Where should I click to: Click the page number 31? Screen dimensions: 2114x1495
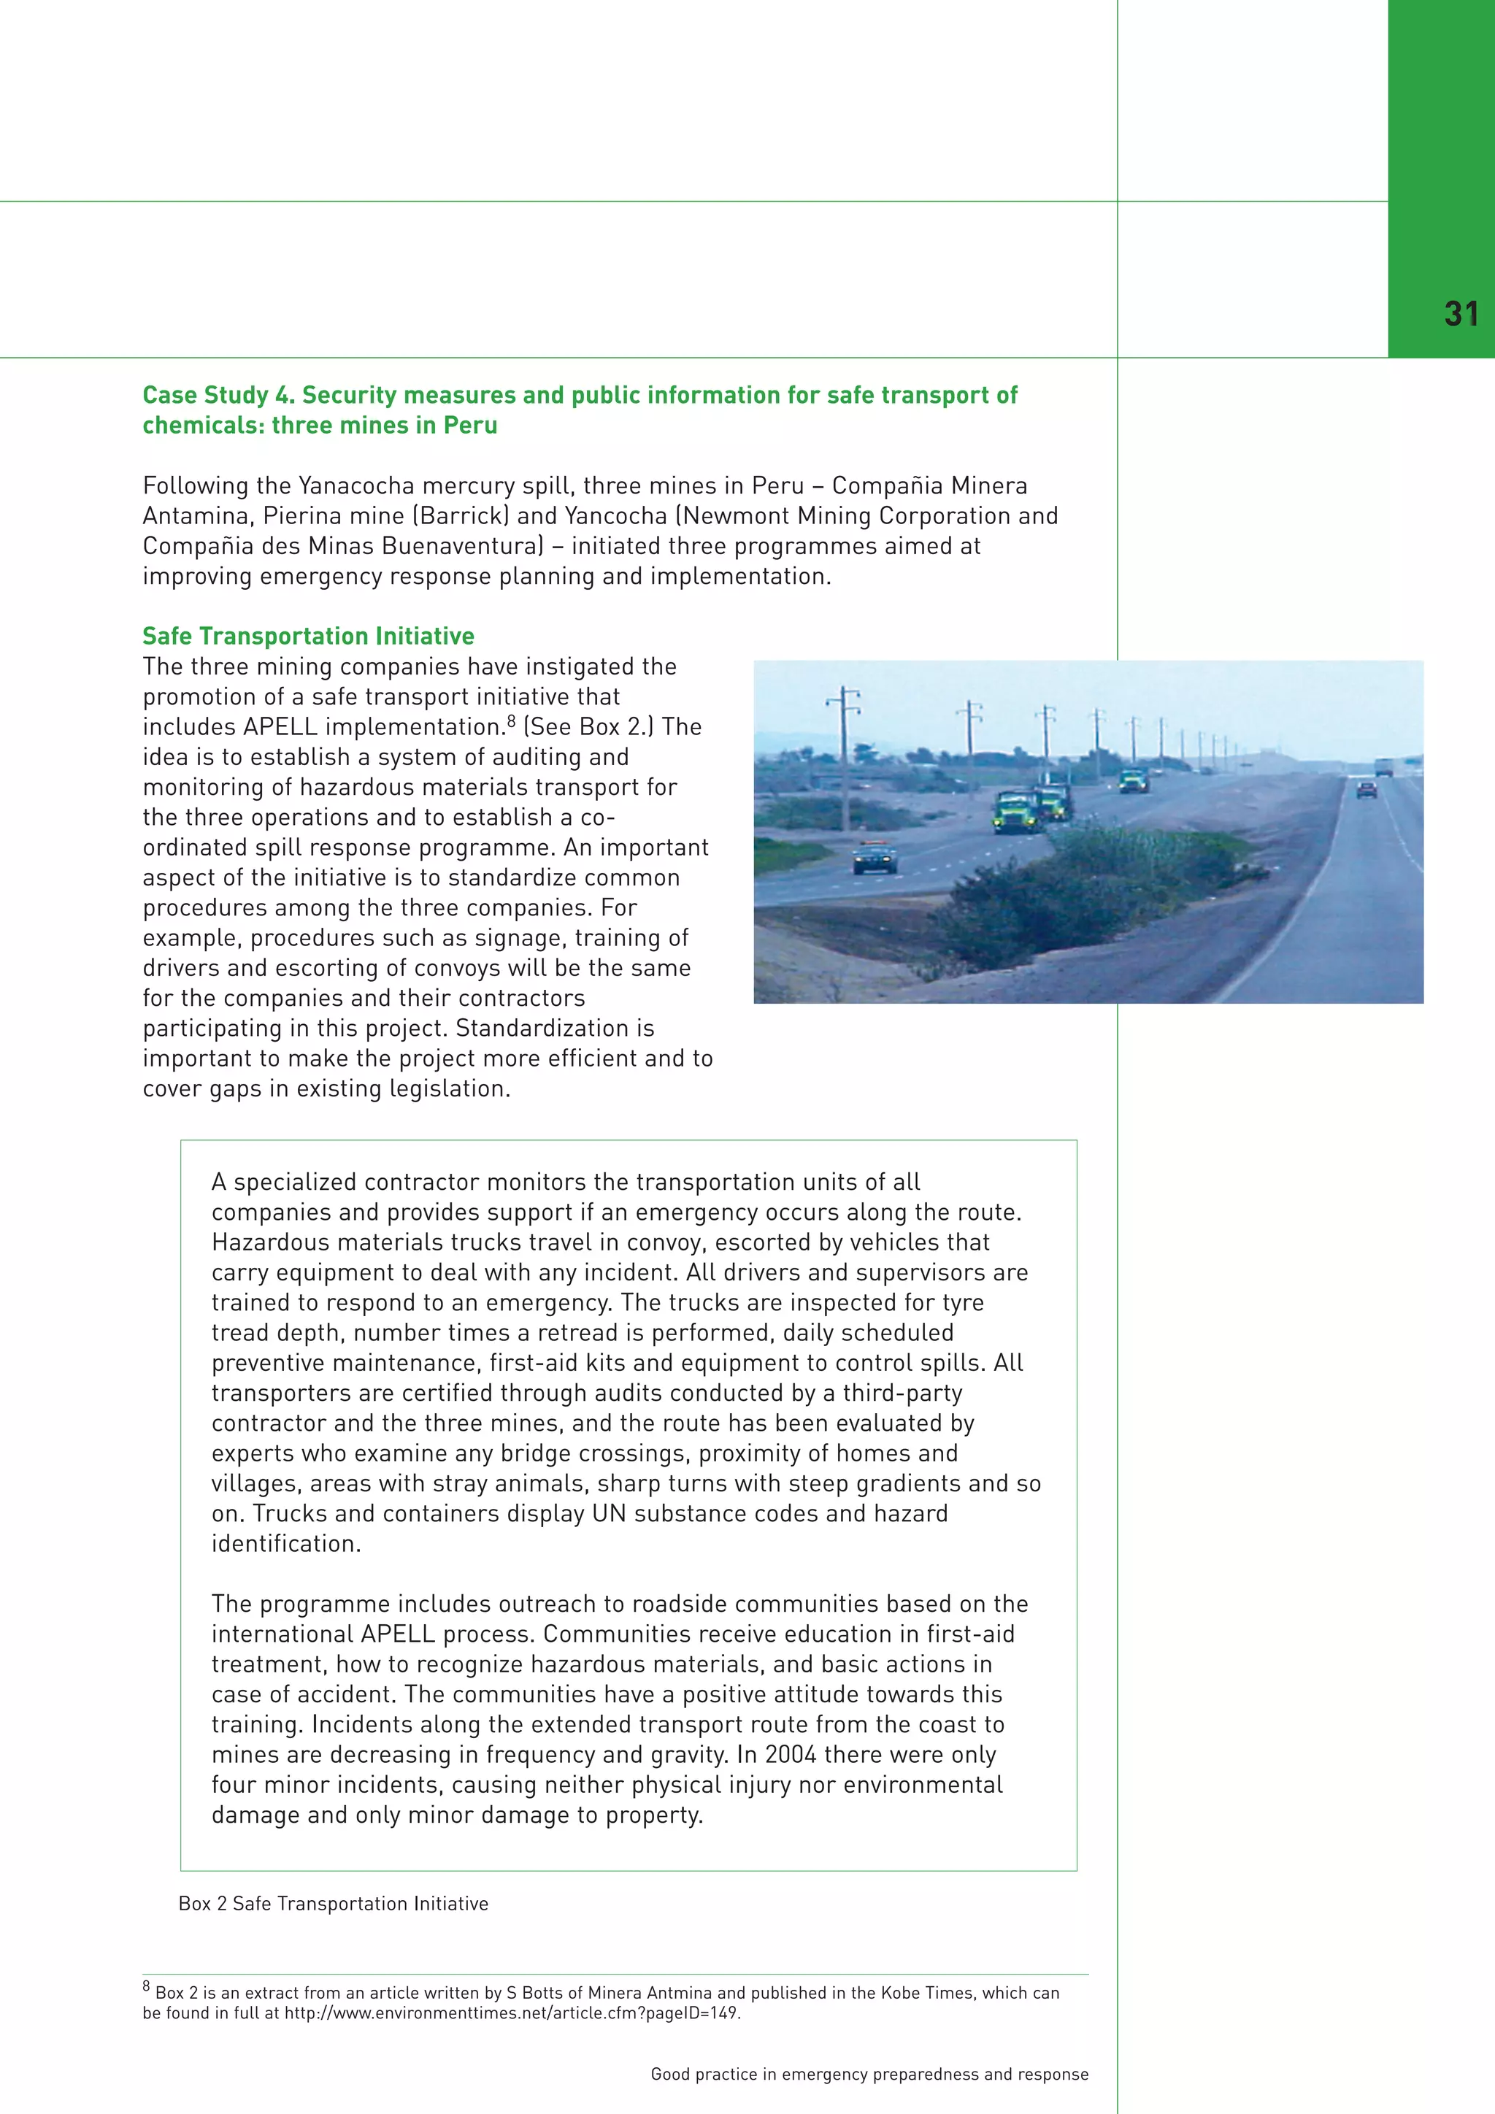pyautogui.click(x=1461, y=315)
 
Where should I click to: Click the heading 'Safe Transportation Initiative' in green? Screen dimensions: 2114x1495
pyautogui.click(x=307, y=637)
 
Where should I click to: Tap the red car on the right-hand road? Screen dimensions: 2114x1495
pyautogui.click(x=1366, y=789)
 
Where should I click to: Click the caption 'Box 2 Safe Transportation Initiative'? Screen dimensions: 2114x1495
pyautogui.click(x=334, y=1903)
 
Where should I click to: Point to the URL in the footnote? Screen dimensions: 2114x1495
pyautogui.click(x=511, y=2013)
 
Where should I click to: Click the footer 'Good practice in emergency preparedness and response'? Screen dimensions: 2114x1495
pyautogui.click(x=869, y=2075)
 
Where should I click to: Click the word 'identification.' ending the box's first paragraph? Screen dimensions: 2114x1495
pyautogui.click(x=286, y=1543)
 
